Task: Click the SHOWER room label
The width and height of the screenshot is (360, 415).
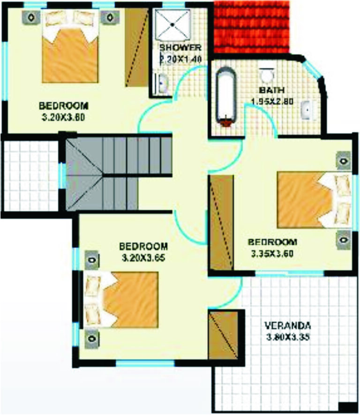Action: click(x=180, y=48)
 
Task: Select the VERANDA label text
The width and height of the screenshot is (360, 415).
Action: click(x=287, y=325)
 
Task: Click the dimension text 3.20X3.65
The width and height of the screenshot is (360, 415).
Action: click(x=143, y=257)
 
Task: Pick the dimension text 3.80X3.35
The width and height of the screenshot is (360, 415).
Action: click(x=287, y=337)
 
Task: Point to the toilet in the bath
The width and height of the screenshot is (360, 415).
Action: click(x=267, y=75)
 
